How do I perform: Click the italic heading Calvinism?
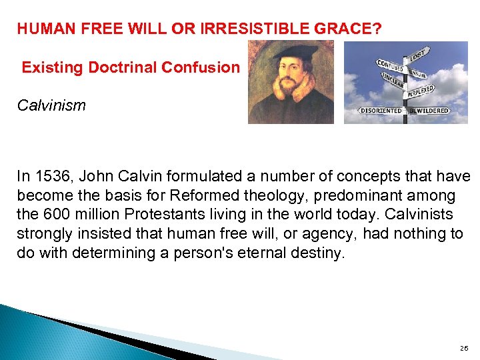click(x=51, y=105)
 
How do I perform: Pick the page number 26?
click(x=464, y=348)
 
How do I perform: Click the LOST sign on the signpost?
click(x=418, y=53)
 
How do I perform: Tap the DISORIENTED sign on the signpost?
click(x=381, y=110)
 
